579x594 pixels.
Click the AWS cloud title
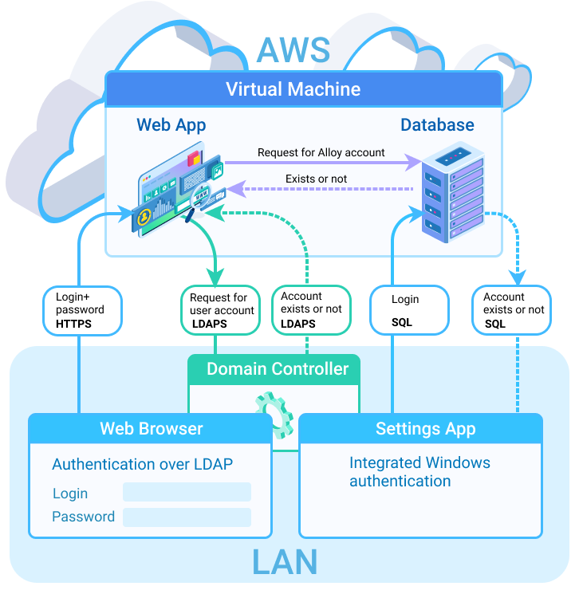[x=293, y=50]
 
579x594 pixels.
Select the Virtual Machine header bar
[x=303, y=89]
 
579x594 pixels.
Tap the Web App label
[x=171, y=125]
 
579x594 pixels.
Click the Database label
[x=436, y=125]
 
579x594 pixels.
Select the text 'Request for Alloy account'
[x=321, y=152]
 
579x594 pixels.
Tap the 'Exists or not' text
[x=316, y=179]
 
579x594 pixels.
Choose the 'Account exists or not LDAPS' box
[x=310, y=310]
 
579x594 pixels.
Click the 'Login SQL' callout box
[x=408, y=310]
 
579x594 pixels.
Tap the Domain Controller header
[x=277, y=369]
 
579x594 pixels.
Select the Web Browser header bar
[x=151, y=428]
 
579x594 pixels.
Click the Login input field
[x=187, y=492]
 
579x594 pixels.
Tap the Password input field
[x=187, y=517]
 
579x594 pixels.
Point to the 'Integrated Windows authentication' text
[x=419, y=472]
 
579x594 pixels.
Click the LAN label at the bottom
[x=285, y=562]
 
